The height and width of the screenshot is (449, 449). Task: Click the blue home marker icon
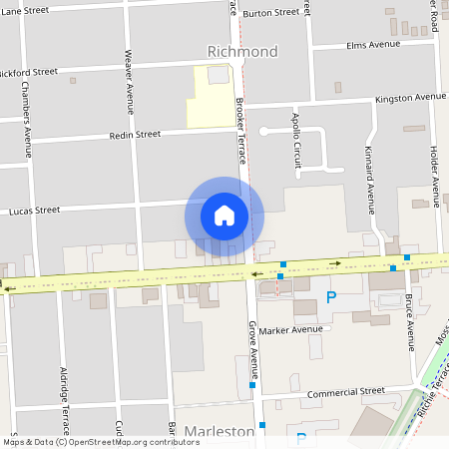tap(224, 215)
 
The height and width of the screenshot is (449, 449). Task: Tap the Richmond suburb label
tap(241, 51)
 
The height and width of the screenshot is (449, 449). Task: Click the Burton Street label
tap(270, 13)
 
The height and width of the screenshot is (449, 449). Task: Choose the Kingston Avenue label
tap(410, 98)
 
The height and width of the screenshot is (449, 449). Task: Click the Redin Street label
tap(135, 135)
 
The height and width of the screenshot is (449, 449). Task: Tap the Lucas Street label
tap(35, 211)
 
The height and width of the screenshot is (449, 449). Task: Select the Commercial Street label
tap(345, 393)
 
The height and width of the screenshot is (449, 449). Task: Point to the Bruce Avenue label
tap(410, 322)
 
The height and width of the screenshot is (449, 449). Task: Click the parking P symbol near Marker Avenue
tap(331, 296)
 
